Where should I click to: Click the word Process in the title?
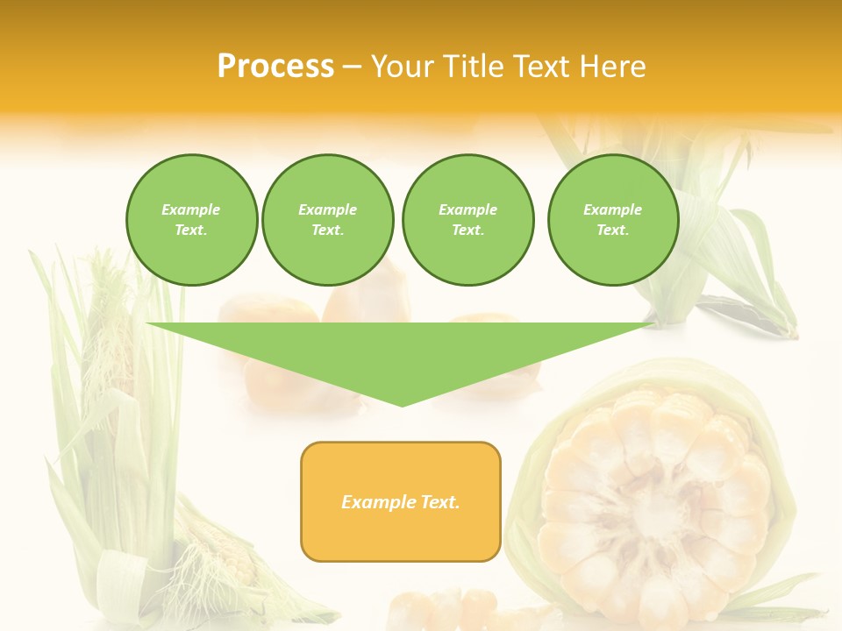[x=275, y=67]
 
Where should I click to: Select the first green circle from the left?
[x=191, y=220]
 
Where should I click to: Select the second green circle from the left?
[x=327, y=220]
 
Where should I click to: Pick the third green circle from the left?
[x=467, y=220]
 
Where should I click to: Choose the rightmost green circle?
[x=613, y=220]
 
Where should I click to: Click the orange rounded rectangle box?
[x=401, y=501]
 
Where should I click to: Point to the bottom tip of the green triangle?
[x=402, y=406]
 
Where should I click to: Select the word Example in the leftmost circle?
[x=191, y=209]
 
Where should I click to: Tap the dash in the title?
[x=353, y=67]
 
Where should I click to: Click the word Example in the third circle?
[x=467, y=209]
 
